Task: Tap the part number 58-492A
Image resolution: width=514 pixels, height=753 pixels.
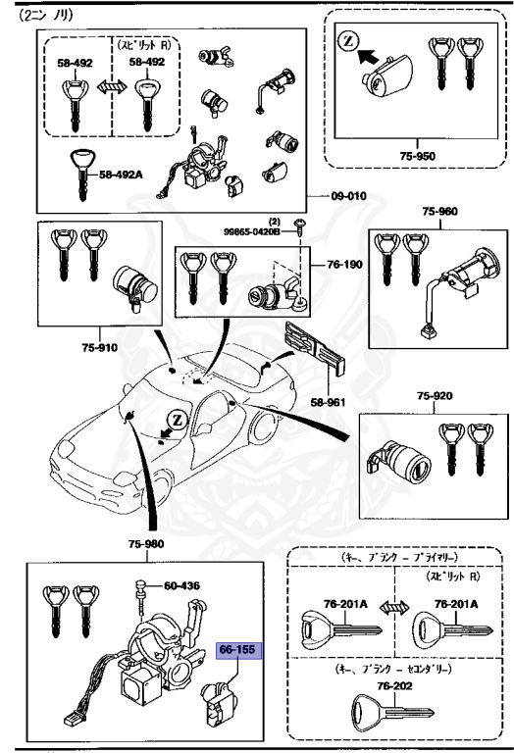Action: (122, 176)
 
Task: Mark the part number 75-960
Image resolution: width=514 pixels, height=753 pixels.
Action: (439, 211)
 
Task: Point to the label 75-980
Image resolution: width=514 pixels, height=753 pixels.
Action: (146, 544)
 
